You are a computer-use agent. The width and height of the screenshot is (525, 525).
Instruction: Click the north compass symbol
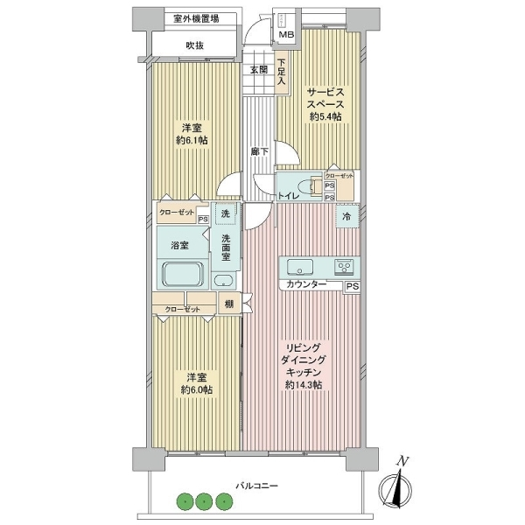(x=395, y=487)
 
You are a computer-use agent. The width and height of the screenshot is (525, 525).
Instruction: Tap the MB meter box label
(x=287, y=34)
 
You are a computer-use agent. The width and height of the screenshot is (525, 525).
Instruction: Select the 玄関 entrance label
(x=259, y=70)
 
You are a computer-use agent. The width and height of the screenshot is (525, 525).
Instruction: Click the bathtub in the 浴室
(x=183, y=274)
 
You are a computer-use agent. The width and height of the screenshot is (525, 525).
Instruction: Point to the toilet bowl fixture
(x=306, y=187)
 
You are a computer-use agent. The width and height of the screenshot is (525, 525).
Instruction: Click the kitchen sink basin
(x=300, y=267)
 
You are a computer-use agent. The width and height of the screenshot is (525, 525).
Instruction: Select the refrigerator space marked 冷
(x=347, y=216)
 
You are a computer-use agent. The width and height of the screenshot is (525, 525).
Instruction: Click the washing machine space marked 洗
(x=226, y=213)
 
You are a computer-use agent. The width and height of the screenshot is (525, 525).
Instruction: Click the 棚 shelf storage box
(x=229, y=304)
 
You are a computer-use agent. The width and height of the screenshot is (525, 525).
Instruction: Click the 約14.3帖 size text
(x=304, y=385)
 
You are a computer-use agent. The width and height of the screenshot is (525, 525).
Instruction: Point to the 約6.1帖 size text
(x=192, y=140)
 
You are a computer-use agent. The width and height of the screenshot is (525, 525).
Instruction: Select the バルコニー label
(x=257, y=485)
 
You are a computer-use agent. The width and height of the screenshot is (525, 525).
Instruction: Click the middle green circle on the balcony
(x=204, y=501)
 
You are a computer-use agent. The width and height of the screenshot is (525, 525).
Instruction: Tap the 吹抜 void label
(x=195, y=45)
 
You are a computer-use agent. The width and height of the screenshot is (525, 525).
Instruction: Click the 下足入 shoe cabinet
(x=282, y=73)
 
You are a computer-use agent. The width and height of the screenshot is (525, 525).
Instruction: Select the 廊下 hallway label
(x=260, y=151)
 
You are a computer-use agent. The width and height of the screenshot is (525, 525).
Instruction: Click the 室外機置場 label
(x=196, y=18)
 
